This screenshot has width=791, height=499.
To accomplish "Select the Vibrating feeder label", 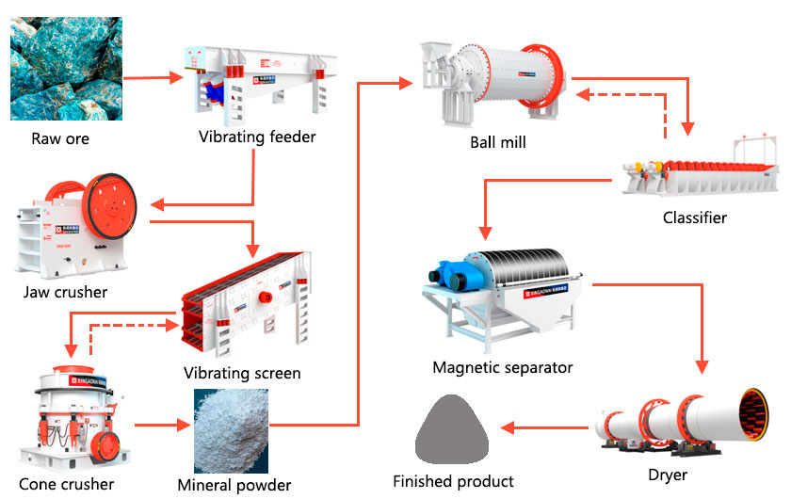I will [257, 137].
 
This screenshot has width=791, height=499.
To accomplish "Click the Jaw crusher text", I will [65, 292].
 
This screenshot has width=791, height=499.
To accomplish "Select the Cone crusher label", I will [66, 484].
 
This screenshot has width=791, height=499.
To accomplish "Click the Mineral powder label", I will [234, 485].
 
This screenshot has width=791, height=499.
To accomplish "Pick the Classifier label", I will [695, 217].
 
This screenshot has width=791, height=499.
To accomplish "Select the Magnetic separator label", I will [502, 366].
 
